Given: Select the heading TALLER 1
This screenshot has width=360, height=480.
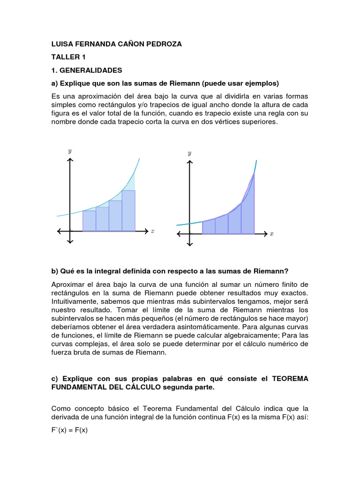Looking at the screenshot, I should pyautogui.click(x=68, y=57).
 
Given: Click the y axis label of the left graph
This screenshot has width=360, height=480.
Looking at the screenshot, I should pyautogui.click(x=70, y=151).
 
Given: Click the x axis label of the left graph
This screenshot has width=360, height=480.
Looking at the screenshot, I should pyautogui.click(x=153, y=231).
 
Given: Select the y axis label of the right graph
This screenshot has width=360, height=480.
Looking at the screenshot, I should pyautogui.click(x=189, y=153).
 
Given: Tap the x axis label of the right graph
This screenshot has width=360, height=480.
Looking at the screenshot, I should pyautogui.click(x=272, y=233).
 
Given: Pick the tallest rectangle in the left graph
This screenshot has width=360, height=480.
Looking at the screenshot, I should pyautogui.click(x=128, y=211).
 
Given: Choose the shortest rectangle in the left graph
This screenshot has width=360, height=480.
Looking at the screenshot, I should pyautogui.click(x=89, y=221).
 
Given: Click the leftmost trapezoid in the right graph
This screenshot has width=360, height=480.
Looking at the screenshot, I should pyautogui.click(x=209, y=227).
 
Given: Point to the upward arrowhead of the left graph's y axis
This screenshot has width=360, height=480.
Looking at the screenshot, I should pyautogui.click(x=70, y=160).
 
